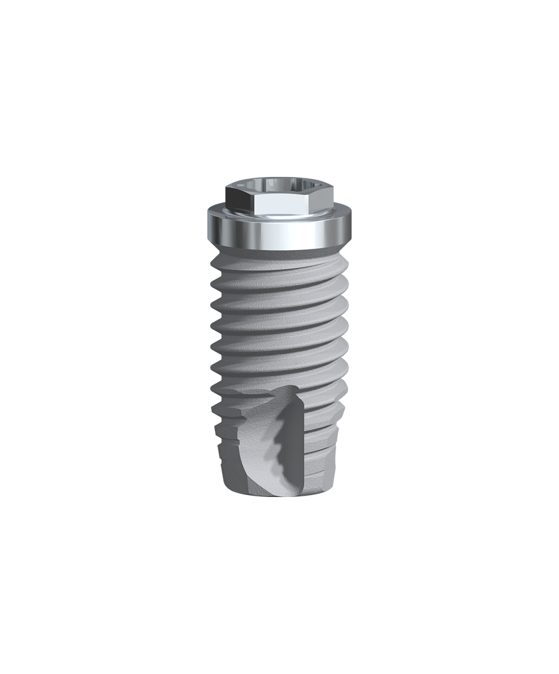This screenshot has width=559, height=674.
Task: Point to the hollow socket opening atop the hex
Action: click(x=279, y=184)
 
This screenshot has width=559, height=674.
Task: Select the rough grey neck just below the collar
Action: click(x=279, y=255)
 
